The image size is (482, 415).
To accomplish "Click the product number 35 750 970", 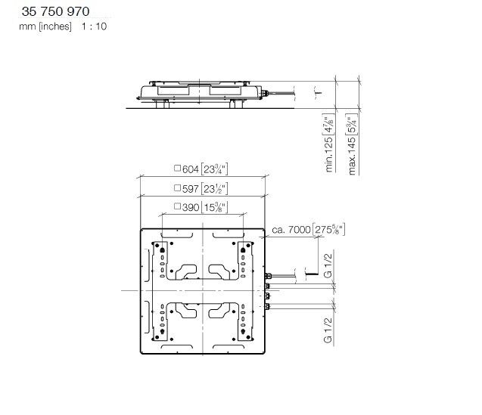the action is [56, 11].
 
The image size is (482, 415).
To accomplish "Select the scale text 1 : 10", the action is [94, 26].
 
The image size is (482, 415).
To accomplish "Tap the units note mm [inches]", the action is [45, 26].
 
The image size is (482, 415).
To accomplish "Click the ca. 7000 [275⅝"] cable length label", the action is [308, 230].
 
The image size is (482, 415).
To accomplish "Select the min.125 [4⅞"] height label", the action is [328, 143].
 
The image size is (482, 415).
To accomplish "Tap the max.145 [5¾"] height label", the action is [352, 144].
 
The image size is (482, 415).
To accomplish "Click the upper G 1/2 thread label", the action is [328, 266].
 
